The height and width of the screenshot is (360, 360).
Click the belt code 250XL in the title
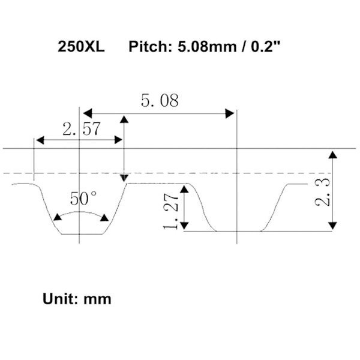tap(81, 46)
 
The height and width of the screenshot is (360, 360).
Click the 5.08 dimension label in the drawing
tap(160, 100)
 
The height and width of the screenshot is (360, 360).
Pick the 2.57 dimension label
tap(80, 128)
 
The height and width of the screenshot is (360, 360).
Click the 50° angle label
tap(83, 198)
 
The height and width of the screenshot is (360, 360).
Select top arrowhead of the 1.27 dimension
tap(187, 187)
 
